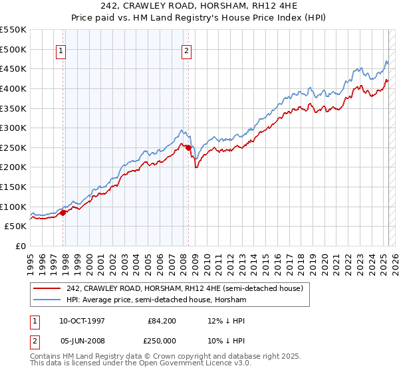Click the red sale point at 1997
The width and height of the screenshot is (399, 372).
tap(63, 213)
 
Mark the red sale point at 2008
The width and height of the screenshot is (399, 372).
tap(188, 147)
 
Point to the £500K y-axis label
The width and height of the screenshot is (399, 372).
tap(13, 49)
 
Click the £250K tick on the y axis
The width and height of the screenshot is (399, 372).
tap(13, 147)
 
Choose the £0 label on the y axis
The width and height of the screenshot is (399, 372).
tap(20, 246)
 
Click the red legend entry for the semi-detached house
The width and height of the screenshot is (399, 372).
tap(185, 288)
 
